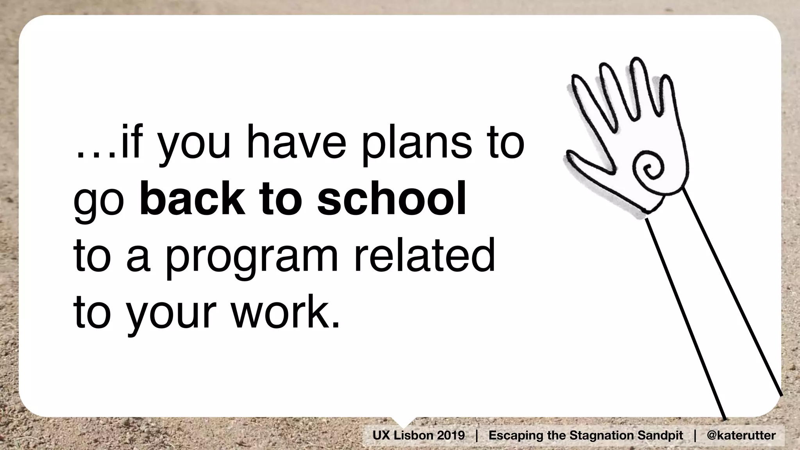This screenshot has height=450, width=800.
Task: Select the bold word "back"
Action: click(x=192, y=200)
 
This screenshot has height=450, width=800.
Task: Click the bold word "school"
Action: click(x=391, y=200)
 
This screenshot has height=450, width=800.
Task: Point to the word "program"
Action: click(x=252, y=257)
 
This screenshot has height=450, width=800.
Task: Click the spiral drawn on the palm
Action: click(x=648, y=168)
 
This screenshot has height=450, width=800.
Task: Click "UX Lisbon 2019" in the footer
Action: click(x=418, y=435)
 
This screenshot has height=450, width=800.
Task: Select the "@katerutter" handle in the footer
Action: click(x=741, y=435)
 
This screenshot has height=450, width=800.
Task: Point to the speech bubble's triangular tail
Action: click(x=403, y=421)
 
